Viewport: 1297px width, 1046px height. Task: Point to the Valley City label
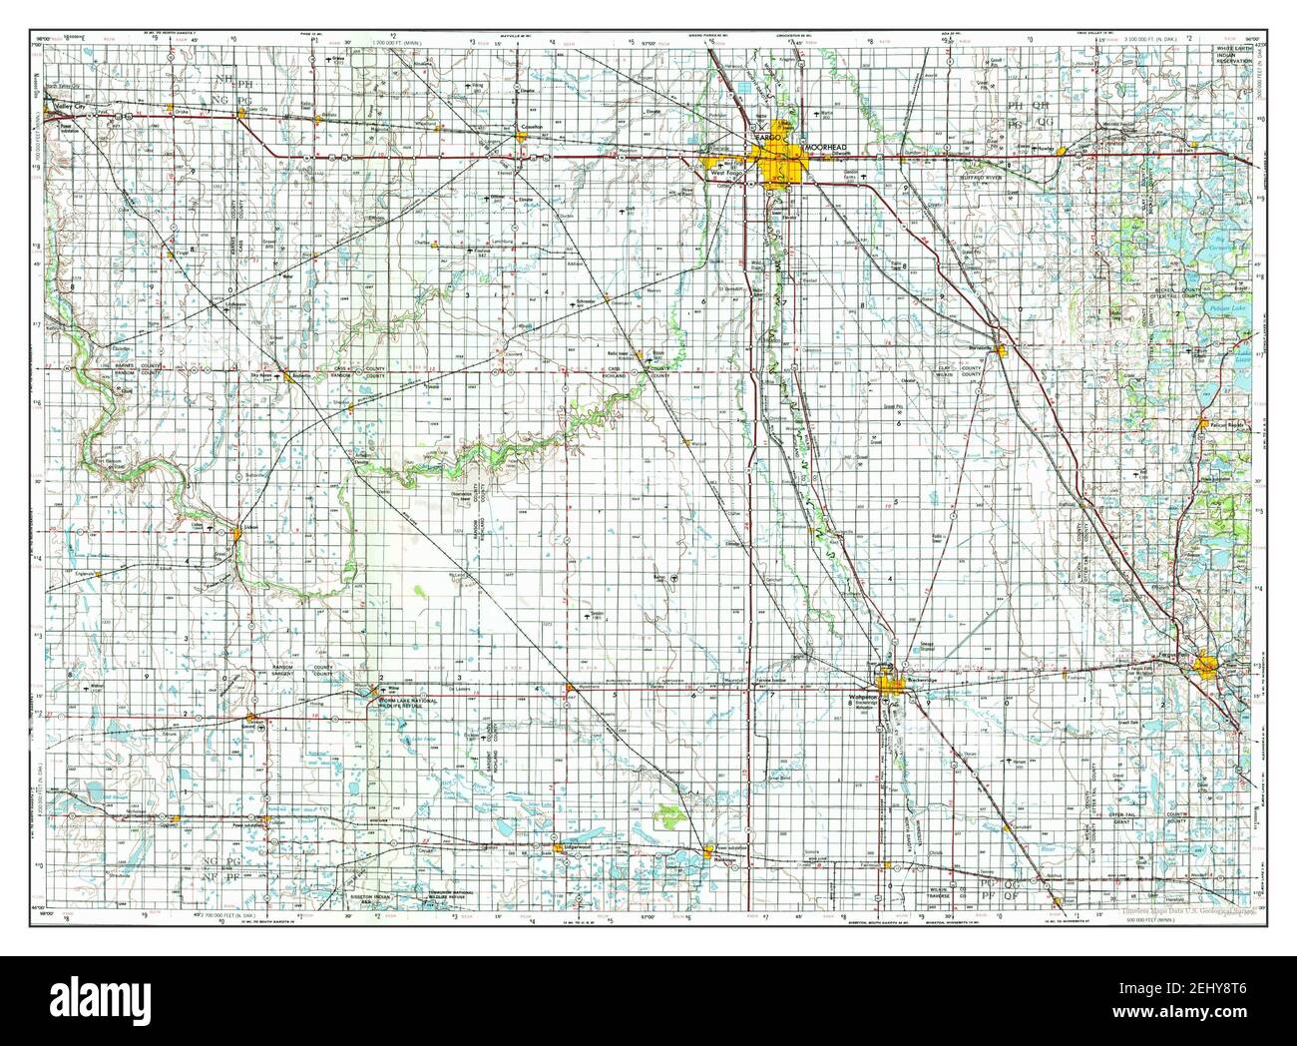pyautogui.click(x=72, y=106)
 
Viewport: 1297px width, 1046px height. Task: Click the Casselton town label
pyautogui.click(x=529, y=127)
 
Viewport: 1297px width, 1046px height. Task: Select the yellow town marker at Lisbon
pyautogui.click(x=237, y=535)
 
